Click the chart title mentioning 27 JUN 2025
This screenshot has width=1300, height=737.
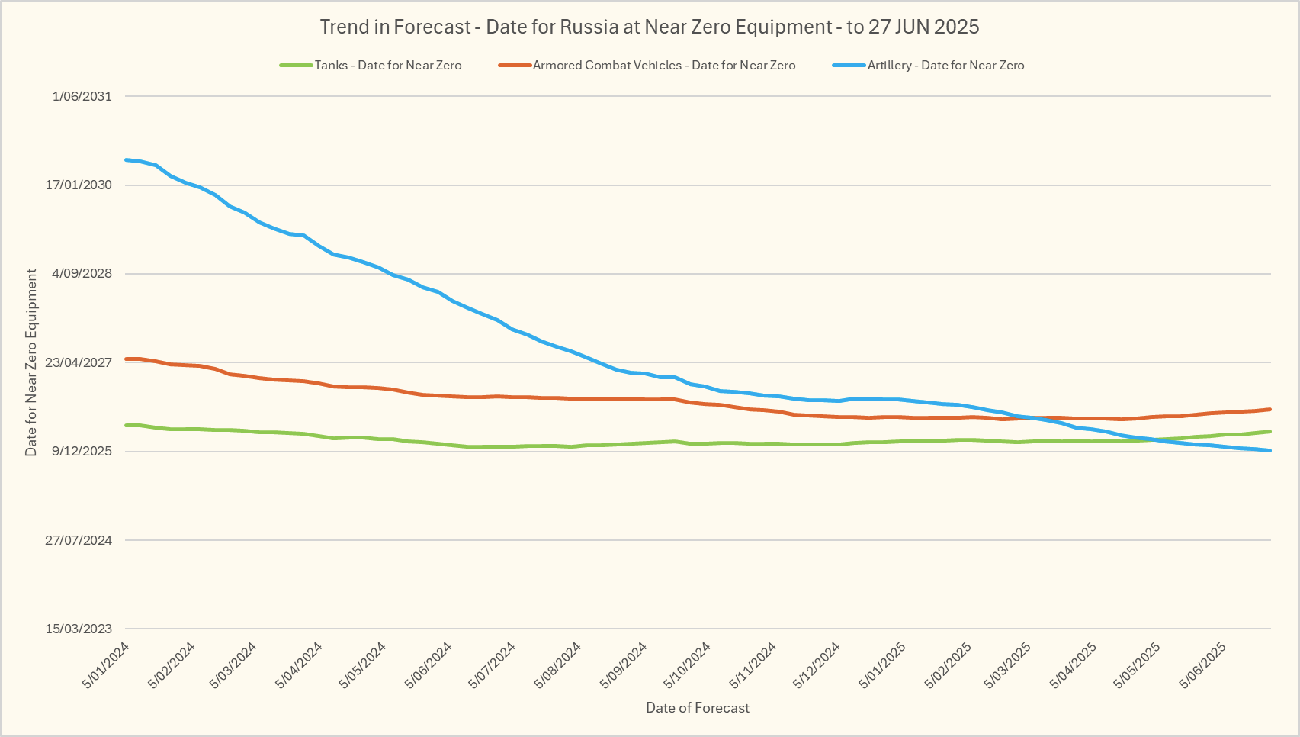650,27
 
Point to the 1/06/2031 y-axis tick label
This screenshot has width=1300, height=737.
82,96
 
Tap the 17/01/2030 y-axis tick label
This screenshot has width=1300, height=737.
79,185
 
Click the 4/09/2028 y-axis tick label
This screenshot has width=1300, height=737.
82,274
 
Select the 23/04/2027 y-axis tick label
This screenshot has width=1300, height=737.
79,362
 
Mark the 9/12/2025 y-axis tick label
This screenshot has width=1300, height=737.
82,452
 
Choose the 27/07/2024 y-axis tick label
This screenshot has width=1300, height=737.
79,540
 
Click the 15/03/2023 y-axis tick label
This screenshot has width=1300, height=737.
79,629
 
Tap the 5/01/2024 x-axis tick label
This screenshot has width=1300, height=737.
107,665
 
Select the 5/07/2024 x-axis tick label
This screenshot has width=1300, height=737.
493,665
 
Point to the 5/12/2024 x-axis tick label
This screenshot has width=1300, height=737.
817,665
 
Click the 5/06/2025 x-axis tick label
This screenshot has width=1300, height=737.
1203,665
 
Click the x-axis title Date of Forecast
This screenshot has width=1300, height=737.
698,708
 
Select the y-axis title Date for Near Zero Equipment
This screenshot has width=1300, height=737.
31,362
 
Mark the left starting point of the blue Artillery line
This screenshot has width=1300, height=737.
126,159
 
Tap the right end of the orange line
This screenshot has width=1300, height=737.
1270,409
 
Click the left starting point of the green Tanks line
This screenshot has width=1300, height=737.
126,425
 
